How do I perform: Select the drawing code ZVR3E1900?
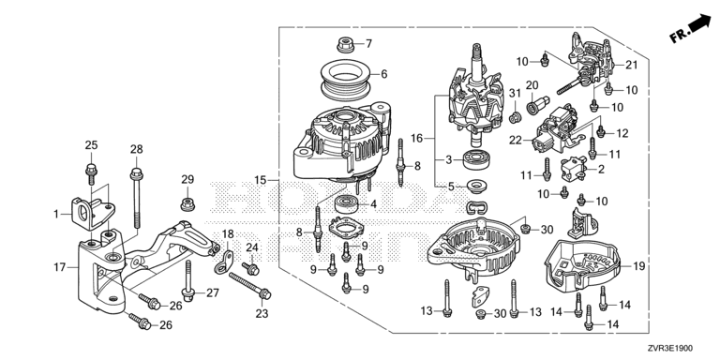(671, 349)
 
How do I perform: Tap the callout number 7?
(368, 44)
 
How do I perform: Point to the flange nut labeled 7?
(344, 45)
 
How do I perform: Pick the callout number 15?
(261, 180)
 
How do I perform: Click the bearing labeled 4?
(350, 203)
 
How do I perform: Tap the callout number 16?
(416, 138)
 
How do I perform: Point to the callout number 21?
(632, 65)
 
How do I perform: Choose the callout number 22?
(516, 140)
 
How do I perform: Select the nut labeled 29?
(187, 203)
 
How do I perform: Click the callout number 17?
(60, 267)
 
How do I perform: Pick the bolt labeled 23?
(249, 285)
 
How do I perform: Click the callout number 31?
(515, 93)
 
